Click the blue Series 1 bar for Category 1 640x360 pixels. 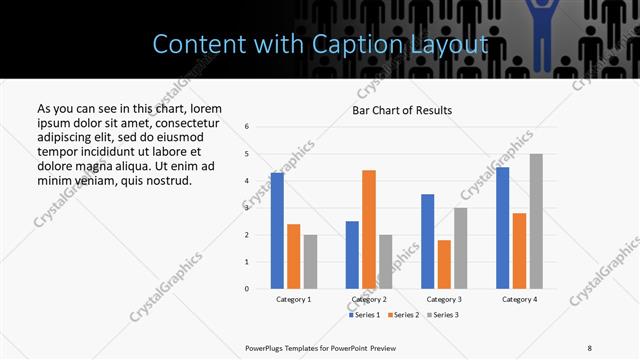click(x=277, y=231)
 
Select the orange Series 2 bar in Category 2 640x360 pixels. click(x=369, y=229)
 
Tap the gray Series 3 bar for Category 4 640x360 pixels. click(x=536, y=221)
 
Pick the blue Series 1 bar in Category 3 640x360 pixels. click(x=428, y=241)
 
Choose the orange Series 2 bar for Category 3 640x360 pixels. click(x=444, y=264)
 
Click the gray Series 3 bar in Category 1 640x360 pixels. click(x=310, y=261)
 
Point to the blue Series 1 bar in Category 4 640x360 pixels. click(x=503, y=228)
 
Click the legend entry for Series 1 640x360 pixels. click(x=364, y=315)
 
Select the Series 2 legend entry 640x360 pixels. click(x=402, y=315)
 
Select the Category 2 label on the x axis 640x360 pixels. click(x=369, y=299)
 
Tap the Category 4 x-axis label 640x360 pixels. click(x=519, y=299)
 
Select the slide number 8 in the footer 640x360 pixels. click(x=589, y=347)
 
